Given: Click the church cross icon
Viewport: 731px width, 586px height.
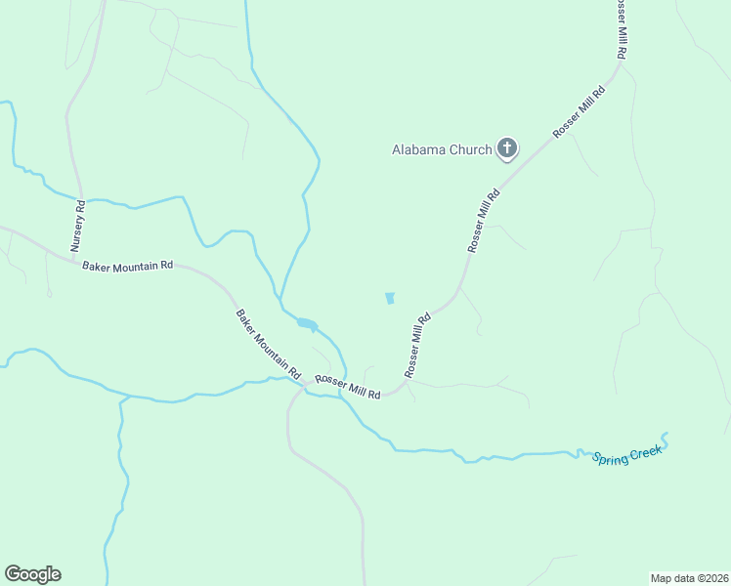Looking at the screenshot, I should (506, 149).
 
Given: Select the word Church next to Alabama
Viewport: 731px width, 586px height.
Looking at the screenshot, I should (468, 150).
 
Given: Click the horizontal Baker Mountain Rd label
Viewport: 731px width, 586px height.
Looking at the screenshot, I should (127, 266).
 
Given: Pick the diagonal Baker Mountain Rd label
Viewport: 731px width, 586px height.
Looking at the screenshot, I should (267, 344).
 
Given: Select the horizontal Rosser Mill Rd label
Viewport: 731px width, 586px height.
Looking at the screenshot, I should (347, 386).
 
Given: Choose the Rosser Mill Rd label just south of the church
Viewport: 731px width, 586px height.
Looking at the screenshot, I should (484, 222).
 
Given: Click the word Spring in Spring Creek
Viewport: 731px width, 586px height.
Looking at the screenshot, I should (612, 456).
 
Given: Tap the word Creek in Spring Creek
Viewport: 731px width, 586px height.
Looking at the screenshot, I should (648, 449).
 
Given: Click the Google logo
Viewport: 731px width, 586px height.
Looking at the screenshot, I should (32, 574).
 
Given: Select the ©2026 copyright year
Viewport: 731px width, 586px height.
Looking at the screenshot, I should (713, 577).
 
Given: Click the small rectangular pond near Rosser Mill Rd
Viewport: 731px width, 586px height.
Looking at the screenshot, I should (390, 298).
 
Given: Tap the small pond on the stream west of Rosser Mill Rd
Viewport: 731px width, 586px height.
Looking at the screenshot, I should (306, 323).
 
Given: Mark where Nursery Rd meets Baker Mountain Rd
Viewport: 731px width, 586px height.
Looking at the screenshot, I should (75, 257).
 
